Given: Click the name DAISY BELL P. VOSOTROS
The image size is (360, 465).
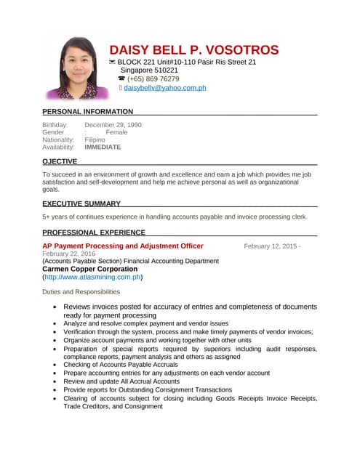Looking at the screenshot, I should pyautogui.click(x=193, y=50).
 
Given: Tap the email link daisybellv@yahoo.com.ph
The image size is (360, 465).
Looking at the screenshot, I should pyautogui.click(x=165, y=88).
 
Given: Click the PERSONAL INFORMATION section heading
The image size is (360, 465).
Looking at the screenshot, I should pyautogui.click(x=87, y=112).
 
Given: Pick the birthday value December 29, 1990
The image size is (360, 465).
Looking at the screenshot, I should pyautogui.click(x=113, y=125).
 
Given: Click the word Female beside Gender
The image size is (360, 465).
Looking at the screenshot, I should pyautogui.click(x=116, y=132).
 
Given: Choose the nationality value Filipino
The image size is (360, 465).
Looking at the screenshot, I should pyautogui.click(x=95, y=139).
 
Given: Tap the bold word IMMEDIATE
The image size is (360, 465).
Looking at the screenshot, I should pyautogui.click(x=103, y=147).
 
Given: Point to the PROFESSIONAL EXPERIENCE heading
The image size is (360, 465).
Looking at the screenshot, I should pyautogui.click(x=94, y=232).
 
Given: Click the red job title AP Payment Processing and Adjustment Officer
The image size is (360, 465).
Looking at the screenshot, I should pyautogui.click(x=123, y=246).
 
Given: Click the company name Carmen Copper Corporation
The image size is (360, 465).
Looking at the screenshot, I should pyautogui.click(x=90, y=268).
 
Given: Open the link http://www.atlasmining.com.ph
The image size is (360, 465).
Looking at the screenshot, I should pyautogui.click(x=93, y=277).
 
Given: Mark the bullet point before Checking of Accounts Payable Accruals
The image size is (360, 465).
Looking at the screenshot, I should pyautogui.click(x=57, y=365).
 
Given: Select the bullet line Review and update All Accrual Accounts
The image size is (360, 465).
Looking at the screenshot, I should pyautogui.click(x=121, y=381).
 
